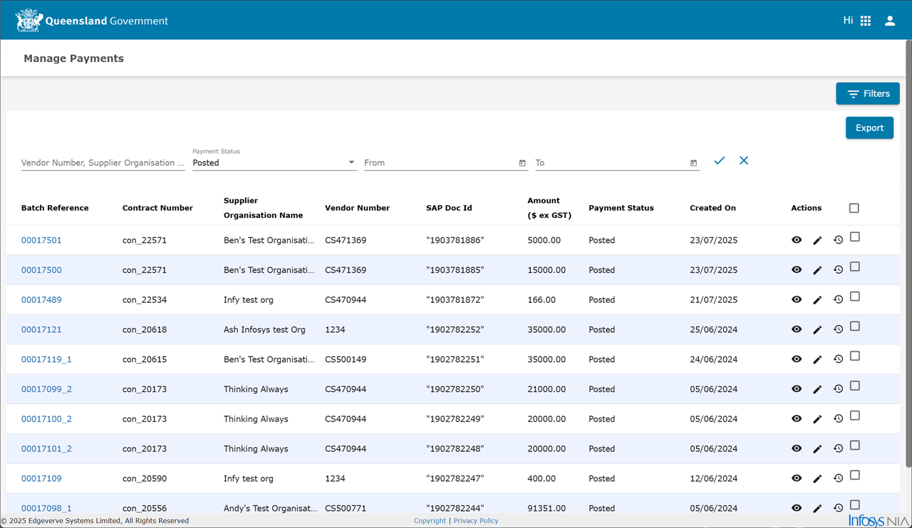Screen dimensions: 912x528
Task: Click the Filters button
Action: [x=868, y=93]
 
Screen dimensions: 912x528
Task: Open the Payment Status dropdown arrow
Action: [x=351, y=162]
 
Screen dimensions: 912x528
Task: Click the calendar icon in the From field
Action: [x=522, y=163]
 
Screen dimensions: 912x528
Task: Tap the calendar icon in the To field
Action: [x=694, y=163]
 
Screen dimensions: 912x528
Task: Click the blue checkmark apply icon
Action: [x=720, y=160]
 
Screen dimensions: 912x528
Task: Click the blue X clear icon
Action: [x=744, y=160]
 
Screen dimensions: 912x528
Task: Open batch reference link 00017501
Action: [x=41, y=240]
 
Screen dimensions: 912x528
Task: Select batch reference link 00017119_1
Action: [x=46, y=359]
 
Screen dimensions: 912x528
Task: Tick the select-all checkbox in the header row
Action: [x=854, y=208]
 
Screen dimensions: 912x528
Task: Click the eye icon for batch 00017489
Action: [x=797, y=299]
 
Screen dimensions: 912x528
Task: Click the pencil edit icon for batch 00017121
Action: [x=817, y=330]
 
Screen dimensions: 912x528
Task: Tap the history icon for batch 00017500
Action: [x=839, y=270]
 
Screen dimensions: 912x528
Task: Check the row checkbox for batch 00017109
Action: [x=855, y=475]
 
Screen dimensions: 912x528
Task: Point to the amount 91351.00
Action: [x=546, y=508]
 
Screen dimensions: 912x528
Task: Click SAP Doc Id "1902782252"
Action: [x=455, y=330]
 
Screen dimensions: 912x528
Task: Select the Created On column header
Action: [x=713, y=208]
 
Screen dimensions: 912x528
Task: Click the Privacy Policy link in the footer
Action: [x=476, y=521]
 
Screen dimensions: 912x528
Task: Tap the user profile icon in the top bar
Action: [x=890, y=21]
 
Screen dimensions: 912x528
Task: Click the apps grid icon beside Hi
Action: [x=866, y=21]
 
